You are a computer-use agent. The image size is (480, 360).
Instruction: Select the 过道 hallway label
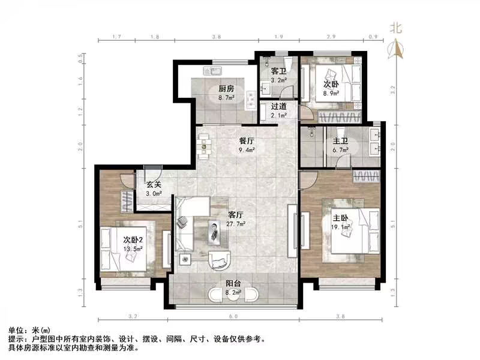pyautogui.click(x=278, y=107)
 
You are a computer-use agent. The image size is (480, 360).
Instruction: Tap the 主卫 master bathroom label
pyautogui.click(x=341, y=142)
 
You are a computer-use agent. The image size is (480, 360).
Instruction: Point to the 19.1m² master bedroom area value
pyautogui.click(x=340, y=227)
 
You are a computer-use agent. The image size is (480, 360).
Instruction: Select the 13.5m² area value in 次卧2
pyautogui.click(x=132, y=249)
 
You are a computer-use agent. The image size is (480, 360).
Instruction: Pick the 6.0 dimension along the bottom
pyautogui.click(x=233, y=316)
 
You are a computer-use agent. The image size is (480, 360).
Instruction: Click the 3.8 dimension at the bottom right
pyautogui.click(x=340, y=316)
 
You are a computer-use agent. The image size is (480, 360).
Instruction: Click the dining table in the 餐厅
pyautogui.click(x=204, y=145)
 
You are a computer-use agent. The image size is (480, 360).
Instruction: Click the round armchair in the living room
pyautogui.click(x=218, y=259)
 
